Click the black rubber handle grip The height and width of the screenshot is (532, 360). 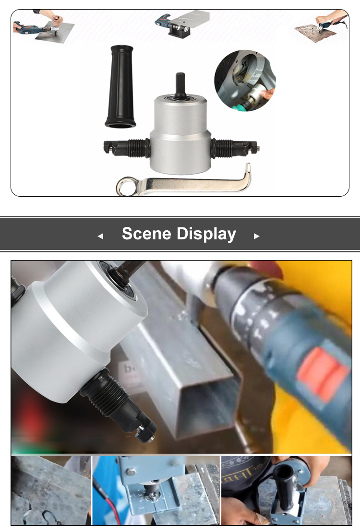pos(119,87)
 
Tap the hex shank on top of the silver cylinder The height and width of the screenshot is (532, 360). pos(180,83)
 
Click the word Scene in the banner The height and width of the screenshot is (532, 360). pos(146,234)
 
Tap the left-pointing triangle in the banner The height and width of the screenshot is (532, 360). pos(100,236)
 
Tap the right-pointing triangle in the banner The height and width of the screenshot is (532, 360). pos(256,236)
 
